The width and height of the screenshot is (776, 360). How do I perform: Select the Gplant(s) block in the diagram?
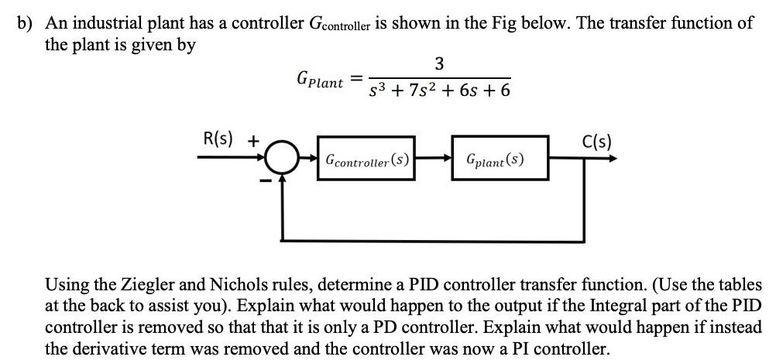click(x=499, y=161)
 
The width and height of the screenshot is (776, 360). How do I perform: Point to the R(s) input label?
click(x=221, y=141)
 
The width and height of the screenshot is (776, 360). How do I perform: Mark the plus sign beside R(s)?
click(x=252, y=142)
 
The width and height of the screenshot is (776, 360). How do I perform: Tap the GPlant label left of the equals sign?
click(x=319, y=80)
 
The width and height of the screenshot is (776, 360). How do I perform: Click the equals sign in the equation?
click(x=355, y=77)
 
